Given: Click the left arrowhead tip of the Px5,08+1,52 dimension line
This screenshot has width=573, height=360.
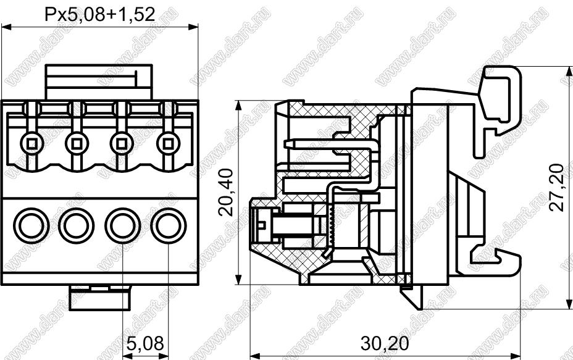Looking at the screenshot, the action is tap(1, 27).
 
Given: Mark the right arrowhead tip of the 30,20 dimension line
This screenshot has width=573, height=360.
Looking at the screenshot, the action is tap(520, 355).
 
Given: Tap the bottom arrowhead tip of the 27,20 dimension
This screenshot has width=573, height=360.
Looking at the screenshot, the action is tap(569, 309).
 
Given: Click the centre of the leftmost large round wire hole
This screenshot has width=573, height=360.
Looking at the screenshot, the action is tap(31, 225).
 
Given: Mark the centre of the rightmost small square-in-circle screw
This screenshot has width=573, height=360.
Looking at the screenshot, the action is tap(168, 143).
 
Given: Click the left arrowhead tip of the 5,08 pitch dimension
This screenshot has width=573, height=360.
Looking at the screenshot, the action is tap(122, 355).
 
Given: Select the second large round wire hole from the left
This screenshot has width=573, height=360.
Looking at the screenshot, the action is tap(77, 225).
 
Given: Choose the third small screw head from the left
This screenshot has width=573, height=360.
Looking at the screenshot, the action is tap(122, 143).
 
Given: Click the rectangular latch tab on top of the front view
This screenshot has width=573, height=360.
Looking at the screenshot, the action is tap(98, 82).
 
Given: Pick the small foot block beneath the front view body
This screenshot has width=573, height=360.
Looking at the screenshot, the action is tap(100, 298).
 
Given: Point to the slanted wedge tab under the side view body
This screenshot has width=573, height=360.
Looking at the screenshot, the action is tap(412, 297).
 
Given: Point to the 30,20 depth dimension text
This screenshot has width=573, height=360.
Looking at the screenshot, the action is tap(385, 343).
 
